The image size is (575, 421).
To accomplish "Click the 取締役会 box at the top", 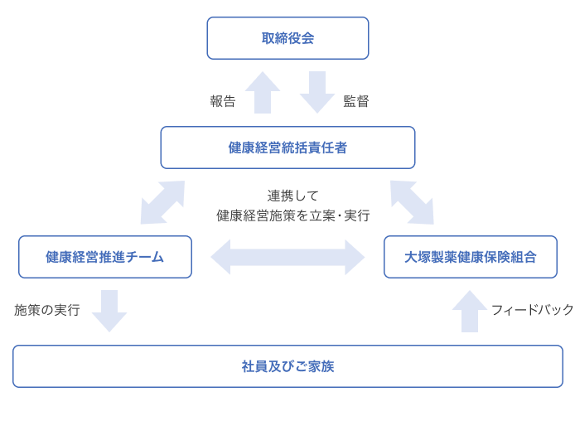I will click(x=287, y=38).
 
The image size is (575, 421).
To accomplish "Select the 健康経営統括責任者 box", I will click(x=287, y=148).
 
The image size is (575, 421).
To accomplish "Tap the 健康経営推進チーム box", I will click(x=105, y=257).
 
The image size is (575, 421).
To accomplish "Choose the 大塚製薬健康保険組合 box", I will click(x=470, y=257).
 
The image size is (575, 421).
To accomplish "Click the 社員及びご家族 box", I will click(x=287, y=366).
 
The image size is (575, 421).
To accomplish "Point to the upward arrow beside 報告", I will click(x=263, y=92).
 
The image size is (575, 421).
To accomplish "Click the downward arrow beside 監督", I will click(x=316, y=92).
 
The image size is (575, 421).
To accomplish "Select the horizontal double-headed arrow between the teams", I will click(x=287, y=257).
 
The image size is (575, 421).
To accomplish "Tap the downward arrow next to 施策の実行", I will click(x=109, y=311).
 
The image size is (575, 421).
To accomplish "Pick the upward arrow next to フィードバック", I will click(x=470, y=311).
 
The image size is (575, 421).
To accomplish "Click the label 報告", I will click(x=222, y=102).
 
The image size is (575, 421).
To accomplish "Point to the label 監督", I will click(x=356, y=102).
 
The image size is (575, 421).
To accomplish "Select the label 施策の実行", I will click(x=47, y=310).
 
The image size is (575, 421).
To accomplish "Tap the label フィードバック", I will click(x=532, y=310).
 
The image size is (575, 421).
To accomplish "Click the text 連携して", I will click(x=292, y=196).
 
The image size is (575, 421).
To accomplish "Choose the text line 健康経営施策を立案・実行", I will click(x=292, y=215).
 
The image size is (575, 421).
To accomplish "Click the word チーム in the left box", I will click(x=145, y=257).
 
